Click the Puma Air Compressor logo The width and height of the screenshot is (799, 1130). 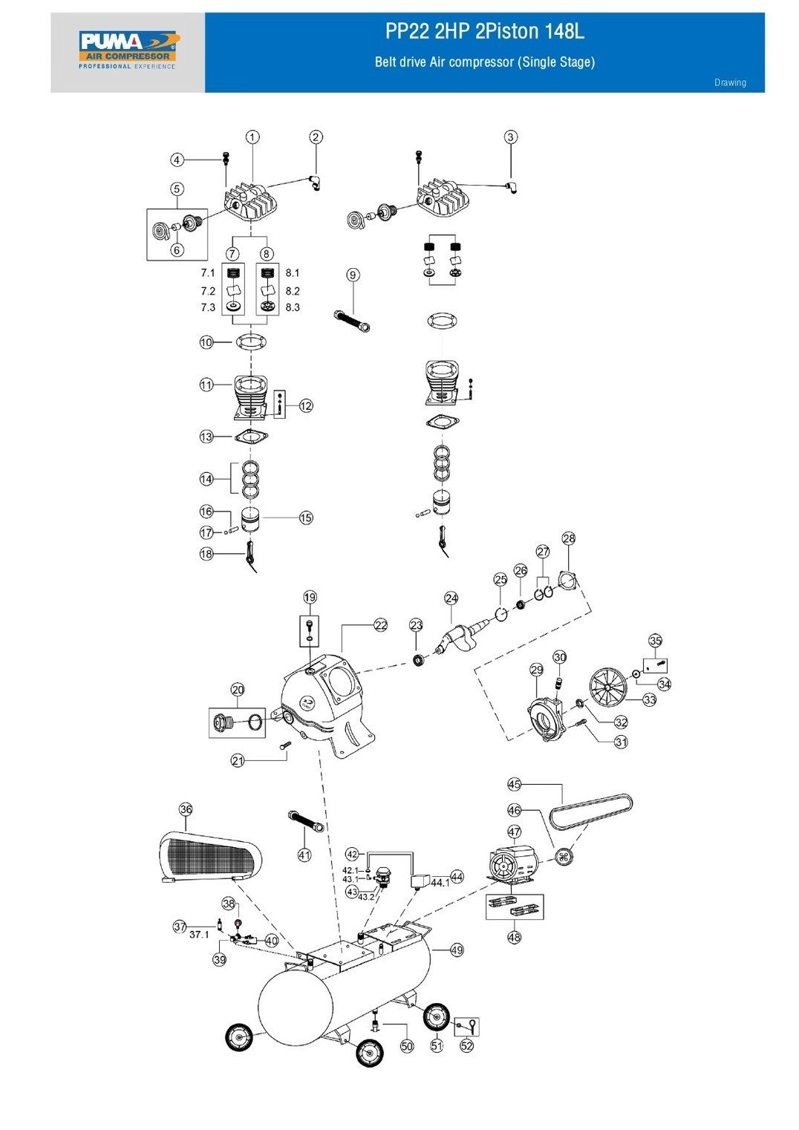pyautogui.click(x=128, y=49)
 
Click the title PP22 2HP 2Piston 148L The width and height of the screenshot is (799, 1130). pyautogui.click(x=484, y=32)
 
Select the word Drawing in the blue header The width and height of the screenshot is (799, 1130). pyautogui.click(x=730, y=82)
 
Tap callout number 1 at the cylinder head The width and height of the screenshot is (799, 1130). pyautogui.click(x=253, y=137)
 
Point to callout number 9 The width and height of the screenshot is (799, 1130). pyautogui.click(x=353, y=275)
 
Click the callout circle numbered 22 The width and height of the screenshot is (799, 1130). pyautogui.click(x=381, y=625)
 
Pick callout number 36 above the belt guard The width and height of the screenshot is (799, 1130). pyautogui.click(x=186, y=809)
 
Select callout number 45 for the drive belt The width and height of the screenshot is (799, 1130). pyautogui.click(x=515, y=784)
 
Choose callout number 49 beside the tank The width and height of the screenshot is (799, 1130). pyautogui.click(x=457, y=950)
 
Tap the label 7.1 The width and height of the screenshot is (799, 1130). pyautogui.click(x=207, y=273)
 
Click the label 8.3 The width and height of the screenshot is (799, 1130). pyautogui.click(x=293, y=307)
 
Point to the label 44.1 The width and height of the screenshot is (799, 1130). pyautogui.click(x=440, y=883)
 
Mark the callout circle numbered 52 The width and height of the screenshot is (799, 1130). pyautogui.click(x=466, y=1045)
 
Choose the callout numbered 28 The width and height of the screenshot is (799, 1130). pyautogui.click(x=569, y=538)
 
